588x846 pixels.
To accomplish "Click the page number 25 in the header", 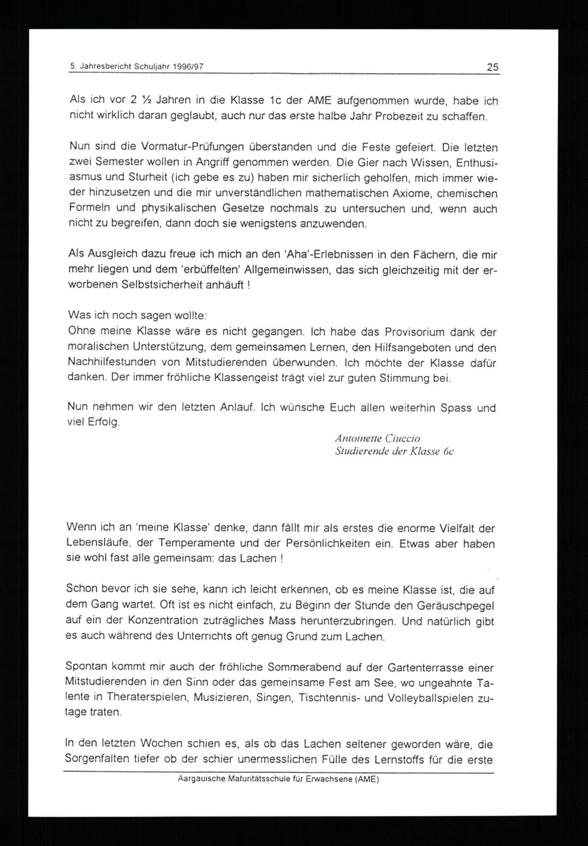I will click(x=492, y=67).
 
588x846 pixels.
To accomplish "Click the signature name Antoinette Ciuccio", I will click(x=377, y=438).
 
